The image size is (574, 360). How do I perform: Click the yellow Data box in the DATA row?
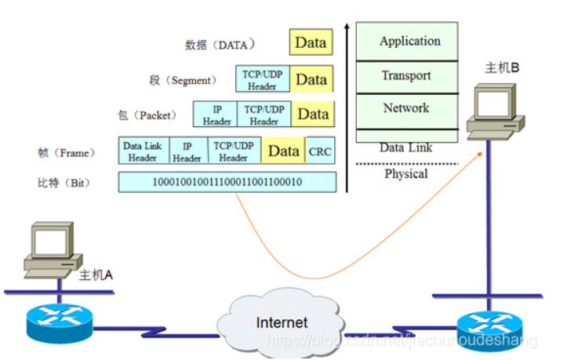pyautogui.click(x=311, y=42)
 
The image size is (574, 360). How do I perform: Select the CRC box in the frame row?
pyautogui.click(x=320, y=151)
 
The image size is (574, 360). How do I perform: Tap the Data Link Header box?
pyautogui.click(x=143, y=151)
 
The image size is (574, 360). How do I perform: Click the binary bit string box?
pyautogui.click(x=227, y=182)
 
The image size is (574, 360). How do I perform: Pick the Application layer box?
pyautogui.click(x=407, y=41)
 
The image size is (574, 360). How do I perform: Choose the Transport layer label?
pyautogui.click(x=406, y=75)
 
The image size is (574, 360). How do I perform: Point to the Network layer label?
pyautogui.click(x=406, y=108)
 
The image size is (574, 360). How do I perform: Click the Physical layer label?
pyautogui.click(x=406, y=173)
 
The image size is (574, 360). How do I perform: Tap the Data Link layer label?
pyautogui.click(x=406, y=147)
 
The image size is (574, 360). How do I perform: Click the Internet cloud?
pyautogui.click(x=281, y=322)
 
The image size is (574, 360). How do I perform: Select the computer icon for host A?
pyautogui.click(x=53, y=249)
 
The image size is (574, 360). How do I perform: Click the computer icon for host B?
pyautogui.click(x=496, y=111)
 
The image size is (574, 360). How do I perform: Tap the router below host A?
pyautogui.click(x=60, y=322)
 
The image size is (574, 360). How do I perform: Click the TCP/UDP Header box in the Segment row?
pyautogui.click(x=263, y=79)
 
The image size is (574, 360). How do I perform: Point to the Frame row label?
pyautogui.click(x=67, y=153)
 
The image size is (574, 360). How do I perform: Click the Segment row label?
pyautogui.click(x=183, y=80)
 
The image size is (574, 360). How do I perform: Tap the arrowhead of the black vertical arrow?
pyautogui.click(x=347, y=27)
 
